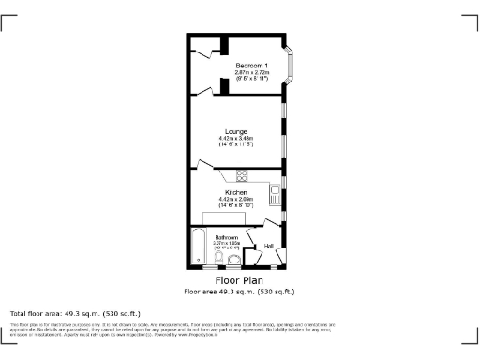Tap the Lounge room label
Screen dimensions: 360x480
pyautogui.click(x=236, y=132)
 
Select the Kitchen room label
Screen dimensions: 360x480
pyautogui.click(x=236, y=192)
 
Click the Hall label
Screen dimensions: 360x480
pyautogui.click(x=268, y=247)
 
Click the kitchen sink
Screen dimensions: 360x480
pyautogui.click(x=275, y=196)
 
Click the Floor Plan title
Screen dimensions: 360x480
pyautogui.click(x=240, y=280)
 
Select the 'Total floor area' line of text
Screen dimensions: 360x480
pyautogui.click(x=75, y=313)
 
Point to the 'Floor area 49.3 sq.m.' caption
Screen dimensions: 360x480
pyautogui.click(x=240, y=291)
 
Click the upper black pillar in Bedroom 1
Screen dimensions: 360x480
pyautogui.click(x=225, y=44)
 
